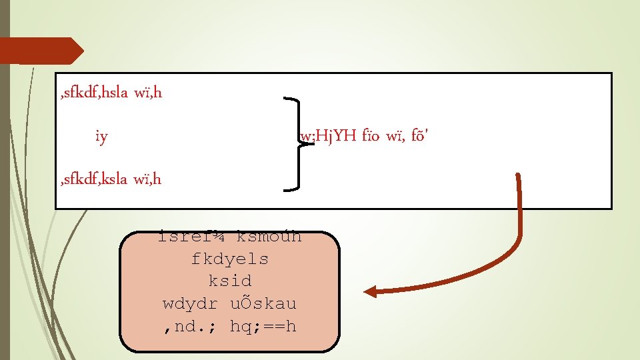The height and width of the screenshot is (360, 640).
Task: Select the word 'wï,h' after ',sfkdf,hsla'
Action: click(147, 93)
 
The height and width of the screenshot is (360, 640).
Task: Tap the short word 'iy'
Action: click(101, 138)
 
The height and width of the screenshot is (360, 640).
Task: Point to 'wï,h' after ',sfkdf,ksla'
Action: click(147, 179)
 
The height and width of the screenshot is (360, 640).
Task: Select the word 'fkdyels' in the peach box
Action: click(229, 259)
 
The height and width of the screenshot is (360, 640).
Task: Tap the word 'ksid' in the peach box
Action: click(229, 281)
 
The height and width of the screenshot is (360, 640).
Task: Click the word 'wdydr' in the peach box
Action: click(191, 304)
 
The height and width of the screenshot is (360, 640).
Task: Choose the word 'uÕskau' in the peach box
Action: click(263, 304)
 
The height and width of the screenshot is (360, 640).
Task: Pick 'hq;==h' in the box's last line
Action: click(263, 327)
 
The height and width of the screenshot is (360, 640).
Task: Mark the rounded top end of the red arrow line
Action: click(518, 177)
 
